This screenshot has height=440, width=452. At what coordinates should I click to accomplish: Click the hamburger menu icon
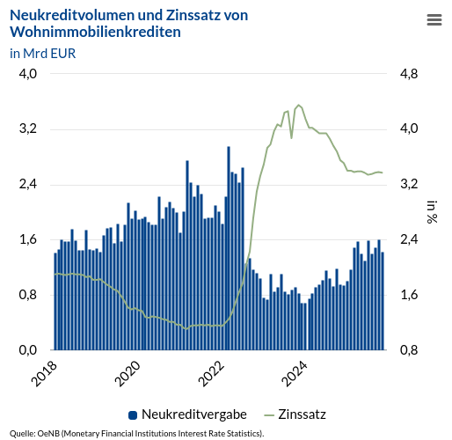434,19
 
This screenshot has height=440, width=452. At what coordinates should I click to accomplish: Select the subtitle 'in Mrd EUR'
42,53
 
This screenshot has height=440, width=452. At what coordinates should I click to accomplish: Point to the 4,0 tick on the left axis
28,74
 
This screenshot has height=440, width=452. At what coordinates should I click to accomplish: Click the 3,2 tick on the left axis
28,129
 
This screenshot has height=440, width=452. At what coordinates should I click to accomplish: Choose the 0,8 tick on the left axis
28,295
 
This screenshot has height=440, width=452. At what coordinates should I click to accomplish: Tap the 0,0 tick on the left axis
28,350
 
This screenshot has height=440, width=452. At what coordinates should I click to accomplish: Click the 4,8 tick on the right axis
409,74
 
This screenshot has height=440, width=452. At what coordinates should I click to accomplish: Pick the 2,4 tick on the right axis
409,239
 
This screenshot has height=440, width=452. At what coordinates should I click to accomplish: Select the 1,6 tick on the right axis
409,295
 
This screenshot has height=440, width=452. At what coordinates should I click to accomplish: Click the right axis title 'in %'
432,212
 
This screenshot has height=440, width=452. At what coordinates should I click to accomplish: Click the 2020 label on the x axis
128,373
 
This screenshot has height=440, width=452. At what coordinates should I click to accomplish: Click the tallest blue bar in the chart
229,246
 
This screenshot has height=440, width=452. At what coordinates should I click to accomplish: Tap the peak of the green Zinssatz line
299,105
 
